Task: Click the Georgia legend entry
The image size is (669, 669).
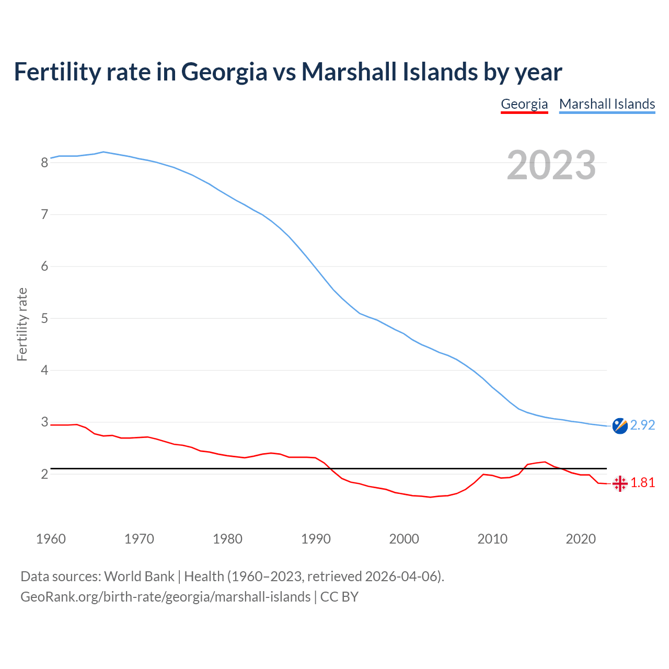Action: tap(524, 104)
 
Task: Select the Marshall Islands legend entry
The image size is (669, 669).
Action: tap(607, 104)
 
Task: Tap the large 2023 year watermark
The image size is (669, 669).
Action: tap(551, 165)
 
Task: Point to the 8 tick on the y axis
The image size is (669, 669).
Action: tap(45, 163)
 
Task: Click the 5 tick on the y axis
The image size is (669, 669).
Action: tap(45, 318)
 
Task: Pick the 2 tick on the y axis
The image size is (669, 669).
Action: tap(45, 474)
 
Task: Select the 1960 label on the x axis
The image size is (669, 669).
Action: tap(51, 539)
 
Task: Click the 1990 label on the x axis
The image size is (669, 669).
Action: tap(316, 539)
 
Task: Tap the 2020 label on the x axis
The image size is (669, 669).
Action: tap(581, 539)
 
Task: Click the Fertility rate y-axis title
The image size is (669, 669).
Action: tap(22, 324)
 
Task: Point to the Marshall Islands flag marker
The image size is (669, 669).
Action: tap(620, 426)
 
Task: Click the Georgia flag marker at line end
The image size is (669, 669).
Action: tap(620, 483)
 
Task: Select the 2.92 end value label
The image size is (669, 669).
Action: tap(642, 425)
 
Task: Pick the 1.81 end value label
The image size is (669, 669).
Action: tap(642, 483)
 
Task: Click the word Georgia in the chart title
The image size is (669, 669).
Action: tap(224, 72)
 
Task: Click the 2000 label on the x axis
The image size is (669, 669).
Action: tap(404, 539)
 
